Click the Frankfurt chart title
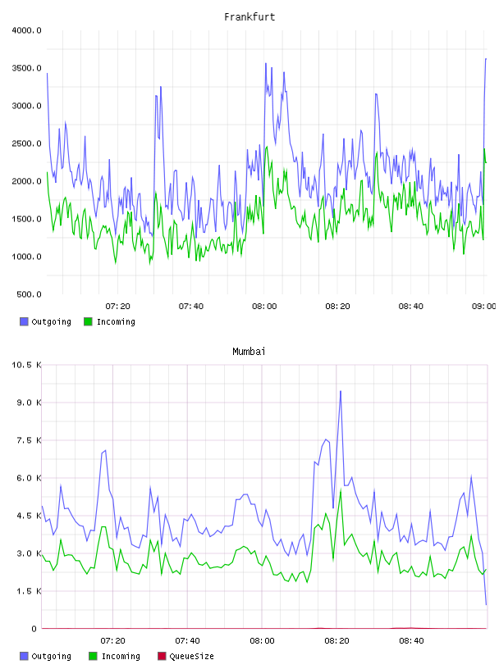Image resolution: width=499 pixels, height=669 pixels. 249,17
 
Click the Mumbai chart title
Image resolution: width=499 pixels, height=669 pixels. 249,352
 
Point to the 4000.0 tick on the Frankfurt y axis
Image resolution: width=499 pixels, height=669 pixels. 27,30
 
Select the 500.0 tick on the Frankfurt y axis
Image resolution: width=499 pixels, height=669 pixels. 29,294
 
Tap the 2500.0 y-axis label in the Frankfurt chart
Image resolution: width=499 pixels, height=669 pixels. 27,143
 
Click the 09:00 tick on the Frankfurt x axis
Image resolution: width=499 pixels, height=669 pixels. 483,307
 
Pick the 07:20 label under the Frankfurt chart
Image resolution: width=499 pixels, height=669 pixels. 117,307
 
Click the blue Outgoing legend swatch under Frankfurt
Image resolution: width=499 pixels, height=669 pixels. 24,321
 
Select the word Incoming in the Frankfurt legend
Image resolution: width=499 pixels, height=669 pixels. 116,321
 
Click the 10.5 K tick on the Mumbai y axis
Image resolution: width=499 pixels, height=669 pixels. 27,365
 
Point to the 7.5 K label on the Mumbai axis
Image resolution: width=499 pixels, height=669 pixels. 29,440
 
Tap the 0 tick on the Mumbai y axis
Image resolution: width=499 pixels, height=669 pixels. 34,629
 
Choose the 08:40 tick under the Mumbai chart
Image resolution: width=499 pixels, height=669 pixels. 411,641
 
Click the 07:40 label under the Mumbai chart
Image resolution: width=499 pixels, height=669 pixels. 187,641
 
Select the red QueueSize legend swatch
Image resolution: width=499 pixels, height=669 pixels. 162,656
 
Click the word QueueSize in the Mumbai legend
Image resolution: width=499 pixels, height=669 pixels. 191,656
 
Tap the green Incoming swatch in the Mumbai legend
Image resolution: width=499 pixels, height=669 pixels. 93,656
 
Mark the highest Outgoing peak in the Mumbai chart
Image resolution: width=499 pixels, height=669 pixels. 341,391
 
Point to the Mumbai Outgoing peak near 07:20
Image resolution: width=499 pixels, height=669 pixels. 105,450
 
